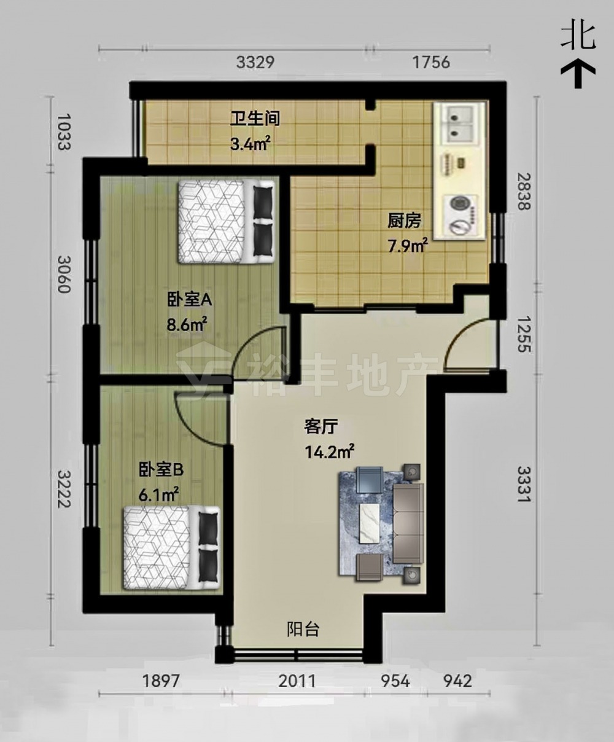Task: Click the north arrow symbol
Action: tap(578, 74)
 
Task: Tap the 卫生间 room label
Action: tap(255, 119)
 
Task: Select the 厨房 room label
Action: tap(404, 221)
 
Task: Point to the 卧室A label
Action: tap(189, 300)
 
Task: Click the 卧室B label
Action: tap(161, 470)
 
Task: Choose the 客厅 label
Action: tap(321, 427)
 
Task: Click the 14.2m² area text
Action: tap(329, 451)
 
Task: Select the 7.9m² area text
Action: tap(408, 246)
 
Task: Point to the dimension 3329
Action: tap(255, 63)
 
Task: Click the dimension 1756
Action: tap(431, 63)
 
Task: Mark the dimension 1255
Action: tap(524, 334)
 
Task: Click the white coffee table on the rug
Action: tap(369, 524)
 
